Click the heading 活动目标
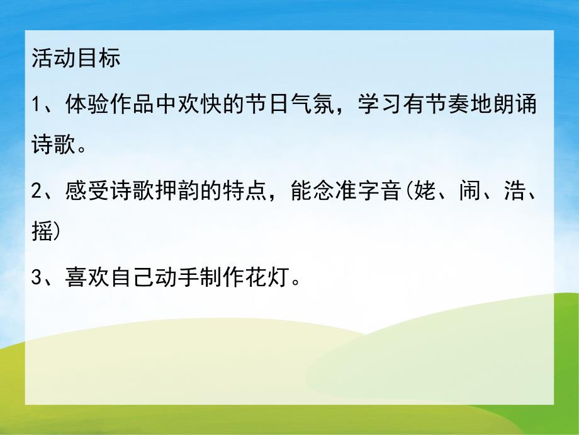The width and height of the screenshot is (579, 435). point(75,60)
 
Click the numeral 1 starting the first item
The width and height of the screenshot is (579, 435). point(35,105)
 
